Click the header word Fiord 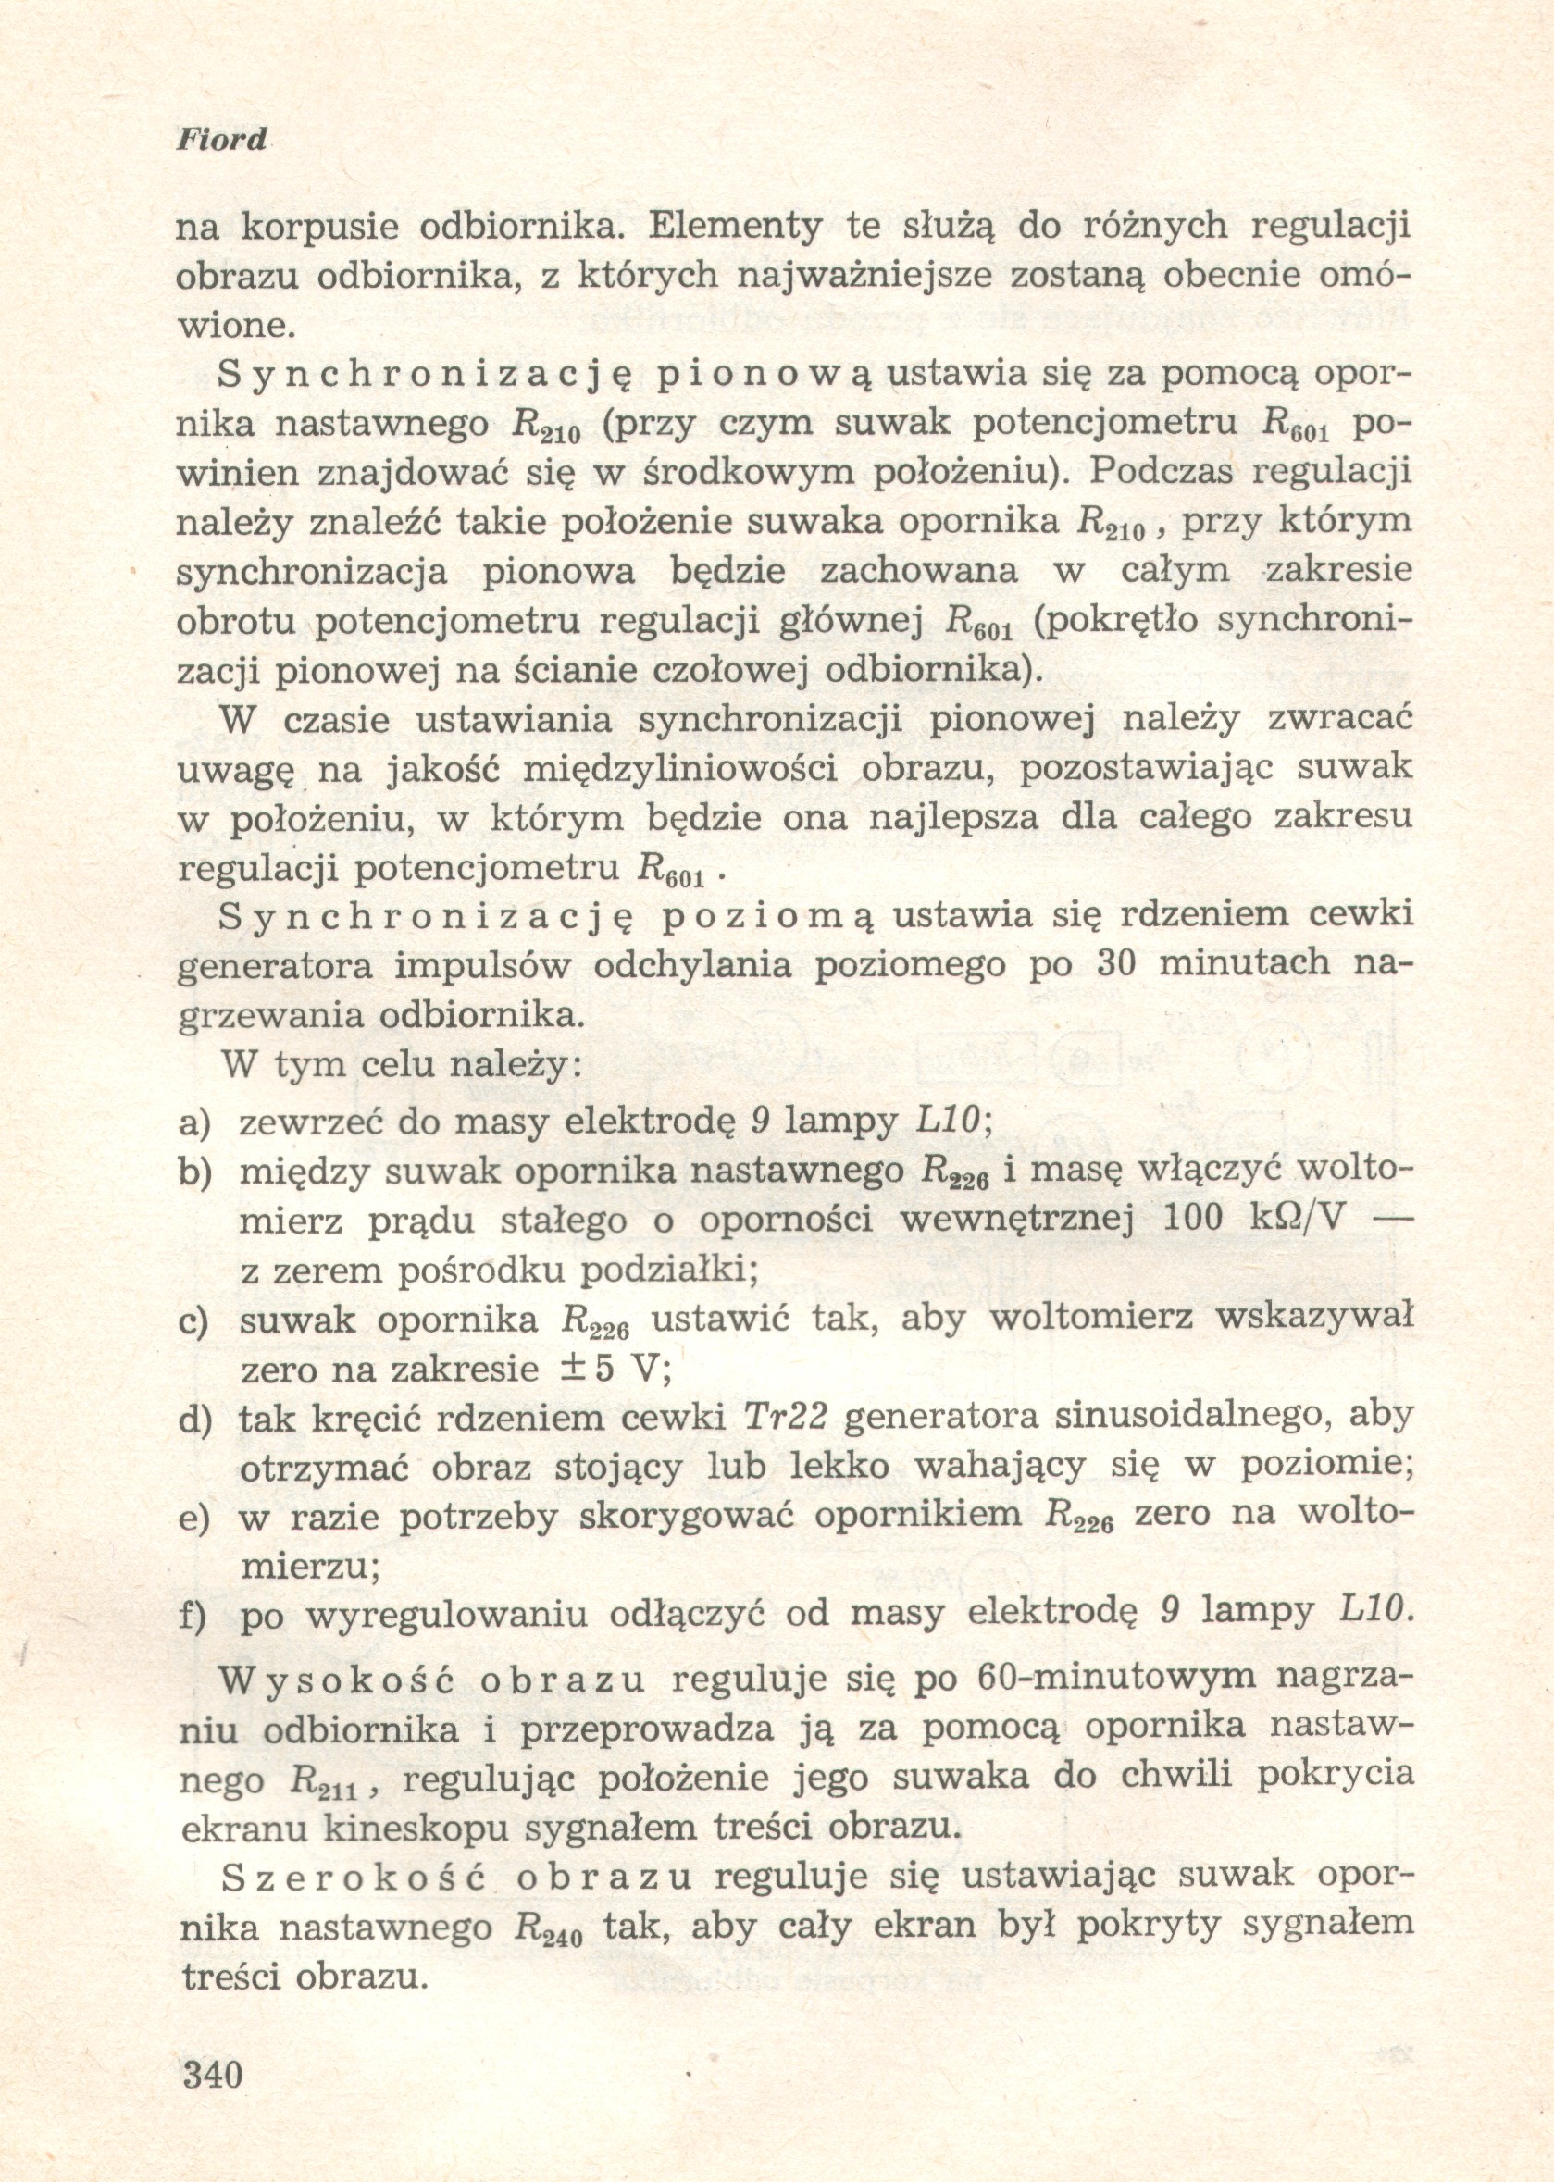click(222, 141)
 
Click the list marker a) click(196, 1122)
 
